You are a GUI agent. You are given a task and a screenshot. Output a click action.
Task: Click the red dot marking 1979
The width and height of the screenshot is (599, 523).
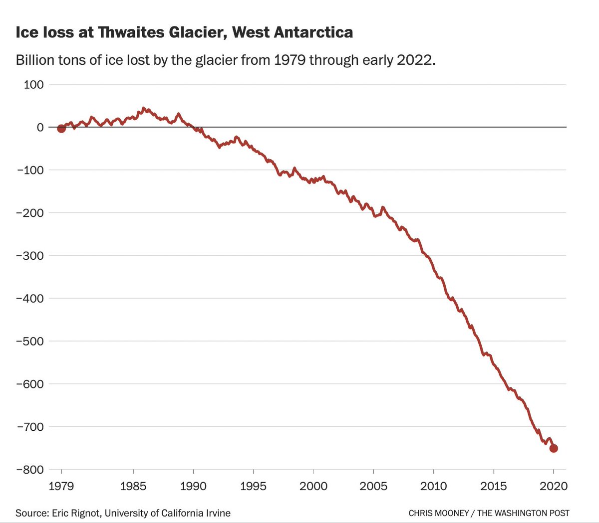click(x=61, y=129)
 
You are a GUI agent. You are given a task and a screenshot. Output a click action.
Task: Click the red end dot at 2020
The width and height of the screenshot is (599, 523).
click(x=554, y=448)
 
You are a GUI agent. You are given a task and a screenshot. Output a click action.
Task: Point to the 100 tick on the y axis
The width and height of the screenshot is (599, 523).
click(x=33, y=84)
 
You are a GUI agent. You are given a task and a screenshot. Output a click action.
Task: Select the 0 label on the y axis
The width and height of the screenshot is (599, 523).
click(x=40, y=127)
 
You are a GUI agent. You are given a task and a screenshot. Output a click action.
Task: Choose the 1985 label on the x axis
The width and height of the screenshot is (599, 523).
click(x=133, y=486)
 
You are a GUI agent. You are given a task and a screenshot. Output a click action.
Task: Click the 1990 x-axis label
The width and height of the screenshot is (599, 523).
click(x=193, y=486)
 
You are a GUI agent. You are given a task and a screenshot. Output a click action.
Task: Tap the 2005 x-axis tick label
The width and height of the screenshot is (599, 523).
click(x=373, y=486)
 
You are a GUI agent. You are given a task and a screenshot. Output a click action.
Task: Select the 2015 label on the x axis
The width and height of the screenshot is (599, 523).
click(x=494, y=486)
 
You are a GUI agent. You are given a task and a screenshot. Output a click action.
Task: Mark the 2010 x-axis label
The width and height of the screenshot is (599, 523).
click(x=433, y=486)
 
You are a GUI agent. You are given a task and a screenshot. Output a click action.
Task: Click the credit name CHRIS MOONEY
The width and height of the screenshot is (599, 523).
click(x=439, y=513)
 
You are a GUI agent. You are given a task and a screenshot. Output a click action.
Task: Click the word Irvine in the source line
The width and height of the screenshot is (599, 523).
click(x=218, y=513)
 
